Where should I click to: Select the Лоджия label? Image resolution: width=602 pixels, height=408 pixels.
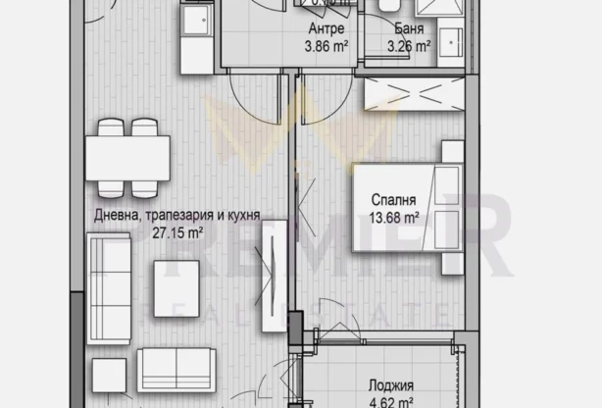tap(391, 385)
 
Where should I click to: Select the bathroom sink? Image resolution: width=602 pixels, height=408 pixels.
tap(452, 42)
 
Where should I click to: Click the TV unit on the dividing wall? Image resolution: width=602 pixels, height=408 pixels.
tap(272, 264)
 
